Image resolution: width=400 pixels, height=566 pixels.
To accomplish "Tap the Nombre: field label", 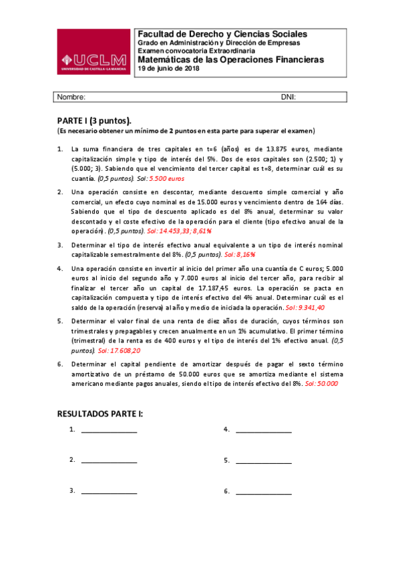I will [71, 97].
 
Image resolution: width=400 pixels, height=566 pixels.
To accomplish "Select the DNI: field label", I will [288, 97].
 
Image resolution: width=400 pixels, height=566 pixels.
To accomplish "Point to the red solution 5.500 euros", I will [166, 179].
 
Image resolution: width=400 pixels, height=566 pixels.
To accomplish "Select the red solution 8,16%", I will [240, 254].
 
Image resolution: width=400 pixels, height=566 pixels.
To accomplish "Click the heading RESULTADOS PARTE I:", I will [100, 414].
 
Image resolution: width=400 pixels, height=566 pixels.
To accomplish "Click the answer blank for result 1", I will [109, 431].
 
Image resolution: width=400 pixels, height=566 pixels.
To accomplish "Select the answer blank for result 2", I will [109, 461].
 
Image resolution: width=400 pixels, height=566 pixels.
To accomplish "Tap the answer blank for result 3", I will [109, 492].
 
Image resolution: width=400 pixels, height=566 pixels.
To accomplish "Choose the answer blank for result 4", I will [263, 431].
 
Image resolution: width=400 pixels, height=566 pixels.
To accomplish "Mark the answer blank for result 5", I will [263, 461].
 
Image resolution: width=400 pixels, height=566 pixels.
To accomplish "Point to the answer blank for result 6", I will [263, 492].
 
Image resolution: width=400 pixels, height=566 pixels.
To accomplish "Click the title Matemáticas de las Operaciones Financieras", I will [230, 59].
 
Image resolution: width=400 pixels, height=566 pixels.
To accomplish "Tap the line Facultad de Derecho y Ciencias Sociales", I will [222, 34].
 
